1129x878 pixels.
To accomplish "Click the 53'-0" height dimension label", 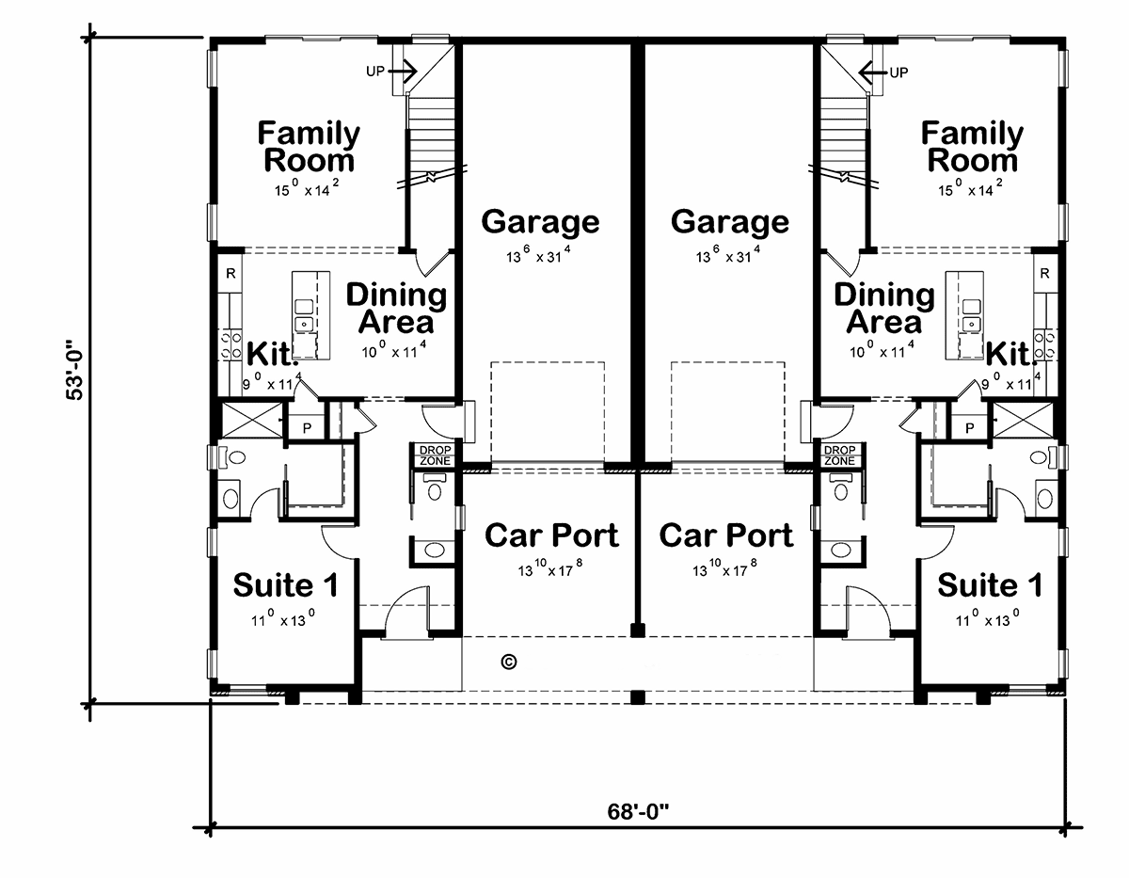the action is point(74,370).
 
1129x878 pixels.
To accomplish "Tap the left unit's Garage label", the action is point(540,222).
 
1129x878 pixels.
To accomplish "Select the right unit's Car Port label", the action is point(726,535).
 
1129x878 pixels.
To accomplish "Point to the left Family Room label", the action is point(309,147).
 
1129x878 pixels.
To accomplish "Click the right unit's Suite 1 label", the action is point(990,585).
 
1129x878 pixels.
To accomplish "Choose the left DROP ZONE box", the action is point(436,455).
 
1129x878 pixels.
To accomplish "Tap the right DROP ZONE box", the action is point(839,455).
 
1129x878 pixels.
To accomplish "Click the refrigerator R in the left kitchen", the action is point(231,273).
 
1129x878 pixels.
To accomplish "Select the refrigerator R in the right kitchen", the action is point(1045,273).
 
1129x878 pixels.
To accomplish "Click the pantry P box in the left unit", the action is point(307,427).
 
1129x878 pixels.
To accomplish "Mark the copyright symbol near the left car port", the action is point(509,662).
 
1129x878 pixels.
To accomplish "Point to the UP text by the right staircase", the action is point(898,72).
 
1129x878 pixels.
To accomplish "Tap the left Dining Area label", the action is point(396,308).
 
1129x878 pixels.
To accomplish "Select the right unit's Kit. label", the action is point(1010,355).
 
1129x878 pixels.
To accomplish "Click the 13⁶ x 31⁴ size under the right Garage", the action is point(728,255).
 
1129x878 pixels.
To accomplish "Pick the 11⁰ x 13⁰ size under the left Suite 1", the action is point(282,618).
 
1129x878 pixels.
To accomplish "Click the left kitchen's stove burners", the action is point(231,343).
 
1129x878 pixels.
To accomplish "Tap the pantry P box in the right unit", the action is point(969,427).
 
